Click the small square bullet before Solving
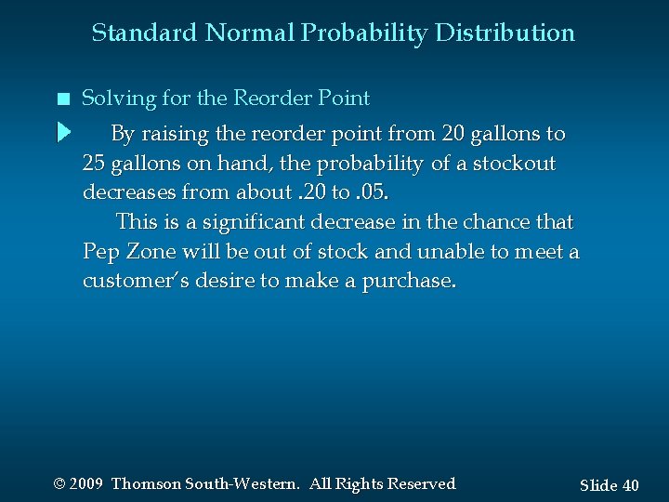tap(61, 99)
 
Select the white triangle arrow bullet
tap(63, 132)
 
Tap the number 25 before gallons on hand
tap(94, 165)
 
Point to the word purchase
tap(410, 282)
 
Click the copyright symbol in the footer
tap(59, 484)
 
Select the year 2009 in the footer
tap(85, 484)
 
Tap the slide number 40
tap(629, 485)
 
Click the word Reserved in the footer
tap(421, 484)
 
